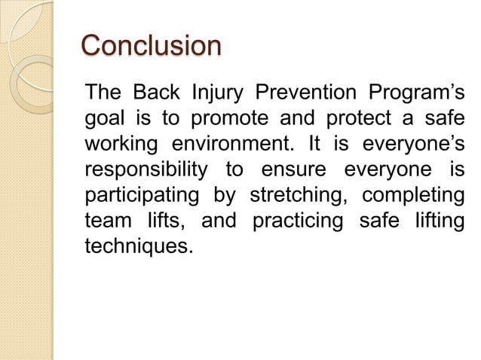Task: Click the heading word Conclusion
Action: pyautogui.click(x=151, y=45)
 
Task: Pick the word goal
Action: pyautogui.click(x=103, y=121)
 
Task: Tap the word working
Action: pyautogui.click(x=121, y=145)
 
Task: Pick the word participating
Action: pyautogui.click(x=139, y=194)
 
